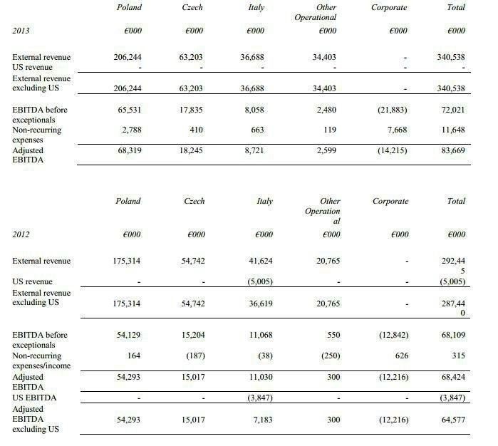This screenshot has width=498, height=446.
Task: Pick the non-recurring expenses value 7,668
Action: (397, 130)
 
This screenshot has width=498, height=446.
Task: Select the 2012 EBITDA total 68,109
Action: (452, 334)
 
